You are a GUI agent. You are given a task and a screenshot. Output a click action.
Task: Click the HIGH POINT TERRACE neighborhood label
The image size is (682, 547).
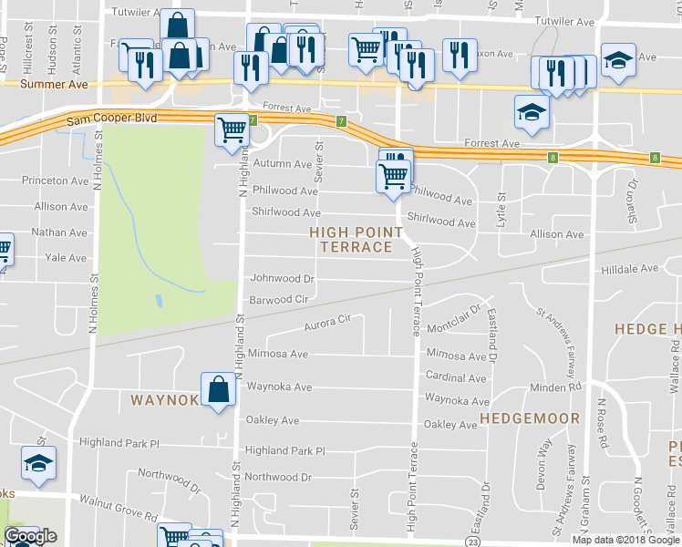coord(356,240)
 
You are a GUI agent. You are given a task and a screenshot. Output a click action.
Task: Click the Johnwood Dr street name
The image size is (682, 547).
coord(283,278)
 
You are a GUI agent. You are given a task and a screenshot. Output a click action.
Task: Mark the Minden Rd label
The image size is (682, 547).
coord(555,388)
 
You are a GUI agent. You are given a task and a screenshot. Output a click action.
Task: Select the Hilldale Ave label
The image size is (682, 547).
coord(629,269)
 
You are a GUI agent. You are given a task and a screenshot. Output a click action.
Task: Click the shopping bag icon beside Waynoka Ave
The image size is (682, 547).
coord(220,390)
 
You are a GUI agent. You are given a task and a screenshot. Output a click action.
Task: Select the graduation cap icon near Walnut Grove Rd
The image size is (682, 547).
coord(38,463)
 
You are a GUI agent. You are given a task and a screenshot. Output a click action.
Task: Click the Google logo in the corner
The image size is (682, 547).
coord(30,536)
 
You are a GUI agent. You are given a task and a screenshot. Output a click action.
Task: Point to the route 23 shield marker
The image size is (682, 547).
coord(472,542)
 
